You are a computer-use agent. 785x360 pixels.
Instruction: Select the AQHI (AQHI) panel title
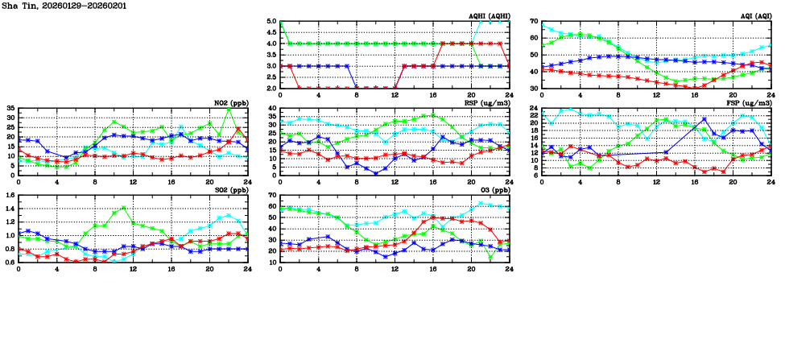(487, 16)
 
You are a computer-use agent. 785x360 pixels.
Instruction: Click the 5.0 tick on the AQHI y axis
(271, 22)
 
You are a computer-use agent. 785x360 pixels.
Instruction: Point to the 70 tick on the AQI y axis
(534, 22)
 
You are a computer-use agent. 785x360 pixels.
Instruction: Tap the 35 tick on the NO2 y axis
(10, 108)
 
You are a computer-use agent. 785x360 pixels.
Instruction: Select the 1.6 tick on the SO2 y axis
(9, 196)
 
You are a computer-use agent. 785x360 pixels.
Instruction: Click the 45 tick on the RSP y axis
(271, 108)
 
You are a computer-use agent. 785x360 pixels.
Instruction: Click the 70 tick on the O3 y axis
(271, 196)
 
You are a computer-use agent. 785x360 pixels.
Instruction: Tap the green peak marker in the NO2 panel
(229, 110)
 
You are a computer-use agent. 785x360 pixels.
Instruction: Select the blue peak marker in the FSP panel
(704, 119)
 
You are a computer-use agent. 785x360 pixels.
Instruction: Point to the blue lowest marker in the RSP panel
(375, 172)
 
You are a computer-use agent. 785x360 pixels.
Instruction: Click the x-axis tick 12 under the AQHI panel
(395, 94)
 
